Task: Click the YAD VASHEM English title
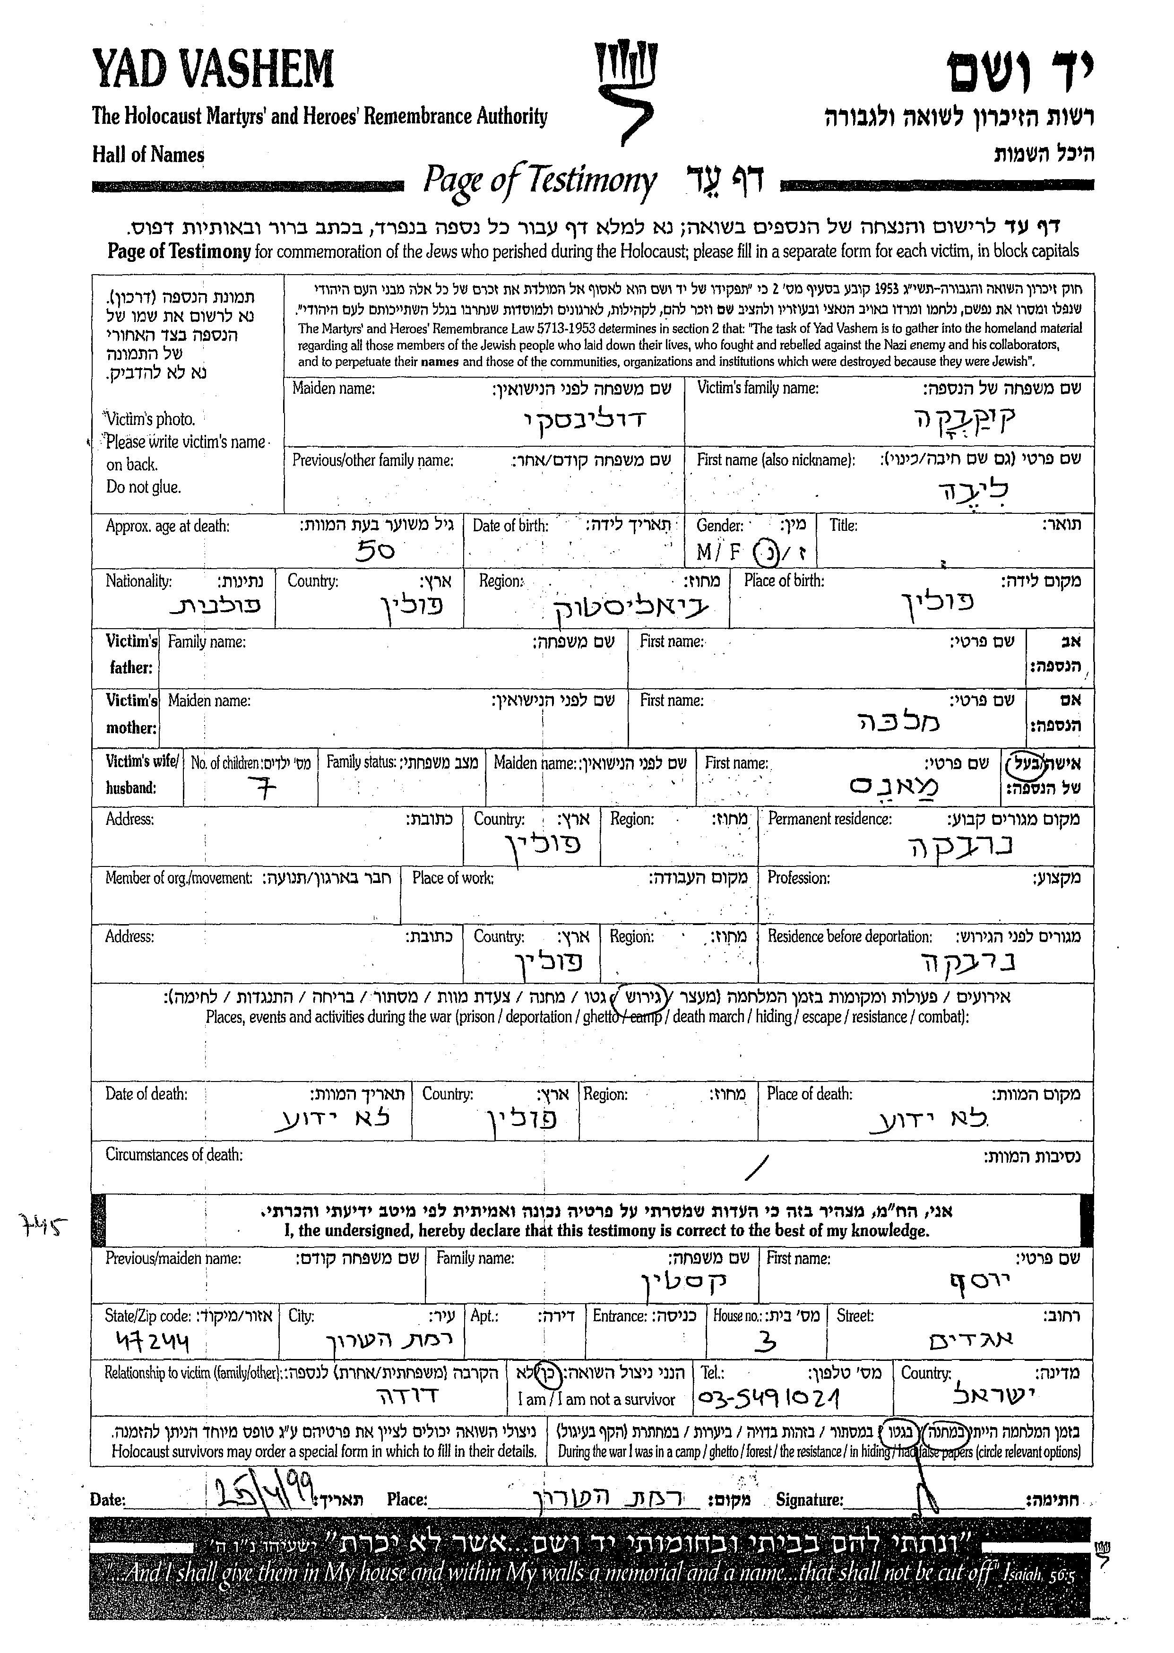(213, 69)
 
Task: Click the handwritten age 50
(375, 551)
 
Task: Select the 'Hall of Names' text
(148, 155)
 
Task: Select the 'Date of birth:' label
(510, 526)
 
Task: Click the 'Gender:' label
(719, 526)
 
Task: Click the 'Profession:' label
(798, 878)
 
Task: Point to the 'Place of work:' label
(453, 878)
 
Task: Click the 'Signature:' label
(809, 1500)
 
